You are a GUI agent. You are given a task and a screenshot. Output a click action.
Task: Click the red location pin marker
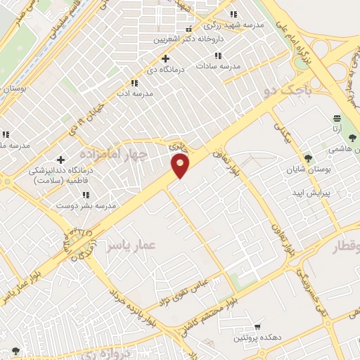(181, 166)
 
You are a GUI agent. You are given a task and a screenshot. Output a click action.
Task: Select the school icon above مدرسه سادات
(219, 55)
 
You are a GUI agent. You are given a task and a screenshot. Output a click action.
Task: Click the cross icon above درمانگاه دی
(165, 58)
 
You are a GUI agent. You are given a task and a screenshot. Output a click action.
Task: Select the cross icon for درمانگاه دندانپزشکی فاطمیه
(60, 160)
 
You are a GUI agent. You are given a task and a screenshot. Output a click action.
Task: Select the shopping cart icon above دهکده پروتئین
(257, 327)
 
